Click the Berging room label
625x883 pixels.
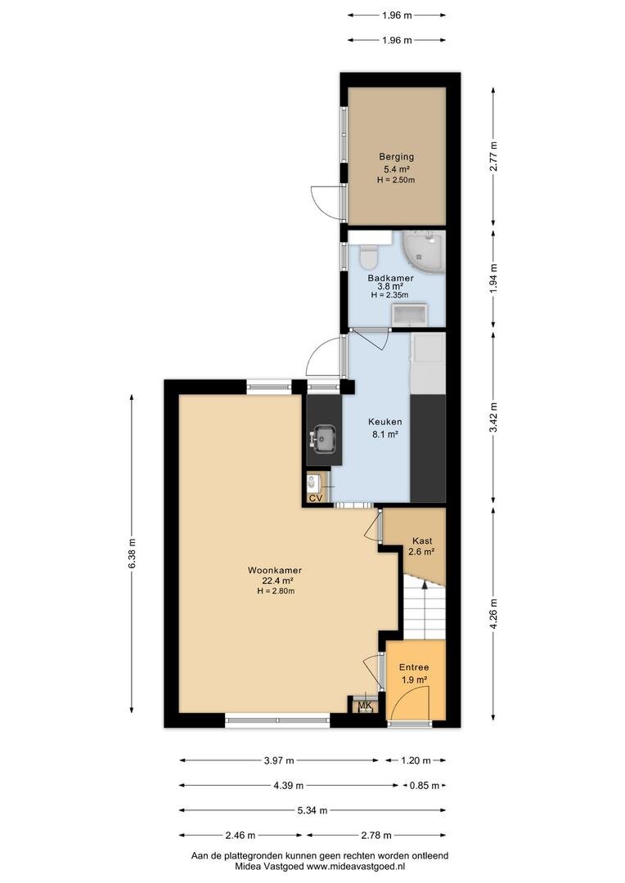(x=396, y=157)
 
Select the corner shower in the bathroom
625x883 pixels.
(x=424, y=253)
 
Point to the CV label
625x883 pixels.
(x=316, y=498)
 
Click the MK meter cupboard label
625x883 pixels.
(x=365, y=706)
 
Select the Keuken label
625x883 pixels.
(x=385, y=422)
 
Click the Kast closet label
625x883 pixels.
(x=422, y=541)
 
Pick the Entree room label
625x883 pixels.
(x=414, y=667)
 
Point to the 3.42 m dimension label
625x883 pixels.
(x=493, y=417)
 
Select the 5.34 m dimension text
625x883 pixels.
(x=312, y=810)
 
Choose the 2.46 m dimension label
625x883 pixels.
(x=241, y=835)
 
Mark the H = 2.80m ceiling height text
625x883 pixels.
(x=277, y=591)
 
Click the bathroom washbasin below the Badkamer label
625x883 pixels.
(x=411, y=314)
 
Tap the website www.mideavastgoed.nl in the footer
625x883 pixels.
(x=356, y=867)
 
